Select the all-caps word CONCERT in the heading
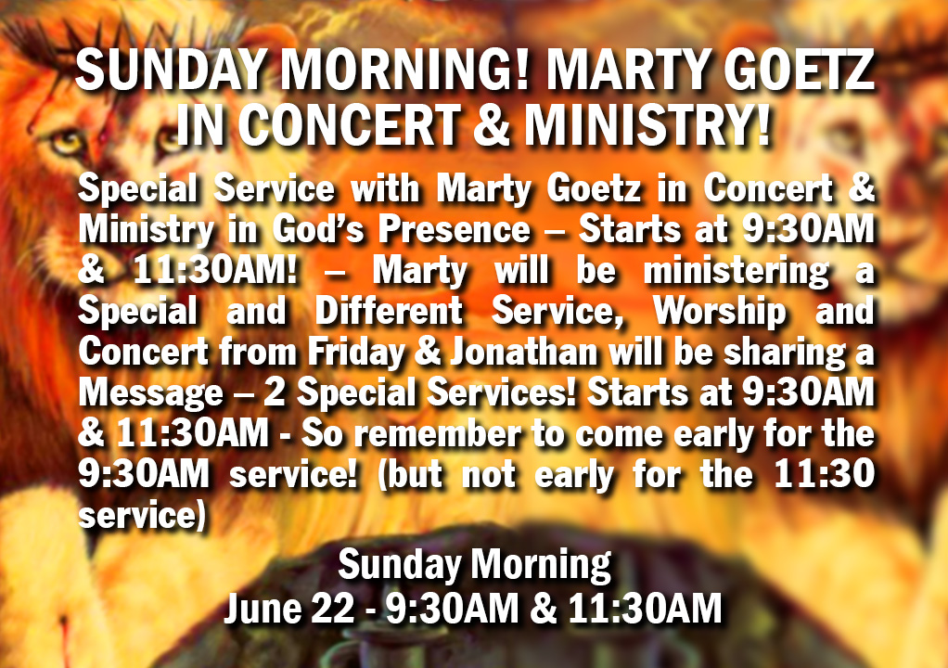point(349,125)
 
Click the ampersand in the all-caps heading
point(492,126)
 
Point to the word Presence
point(454,229)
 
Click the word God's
point(318,230)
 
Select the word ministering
point(736,272)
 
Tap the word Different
point(389,311)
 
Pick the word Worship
point(720,312)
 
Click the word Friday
point(357,353)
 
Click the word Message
point(150,393)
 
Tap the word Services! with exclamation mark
point(501,392)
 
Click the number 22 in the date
point(332,608)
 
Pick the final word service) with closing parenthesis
point(142,516)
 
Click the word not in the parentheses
point(489,474)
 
